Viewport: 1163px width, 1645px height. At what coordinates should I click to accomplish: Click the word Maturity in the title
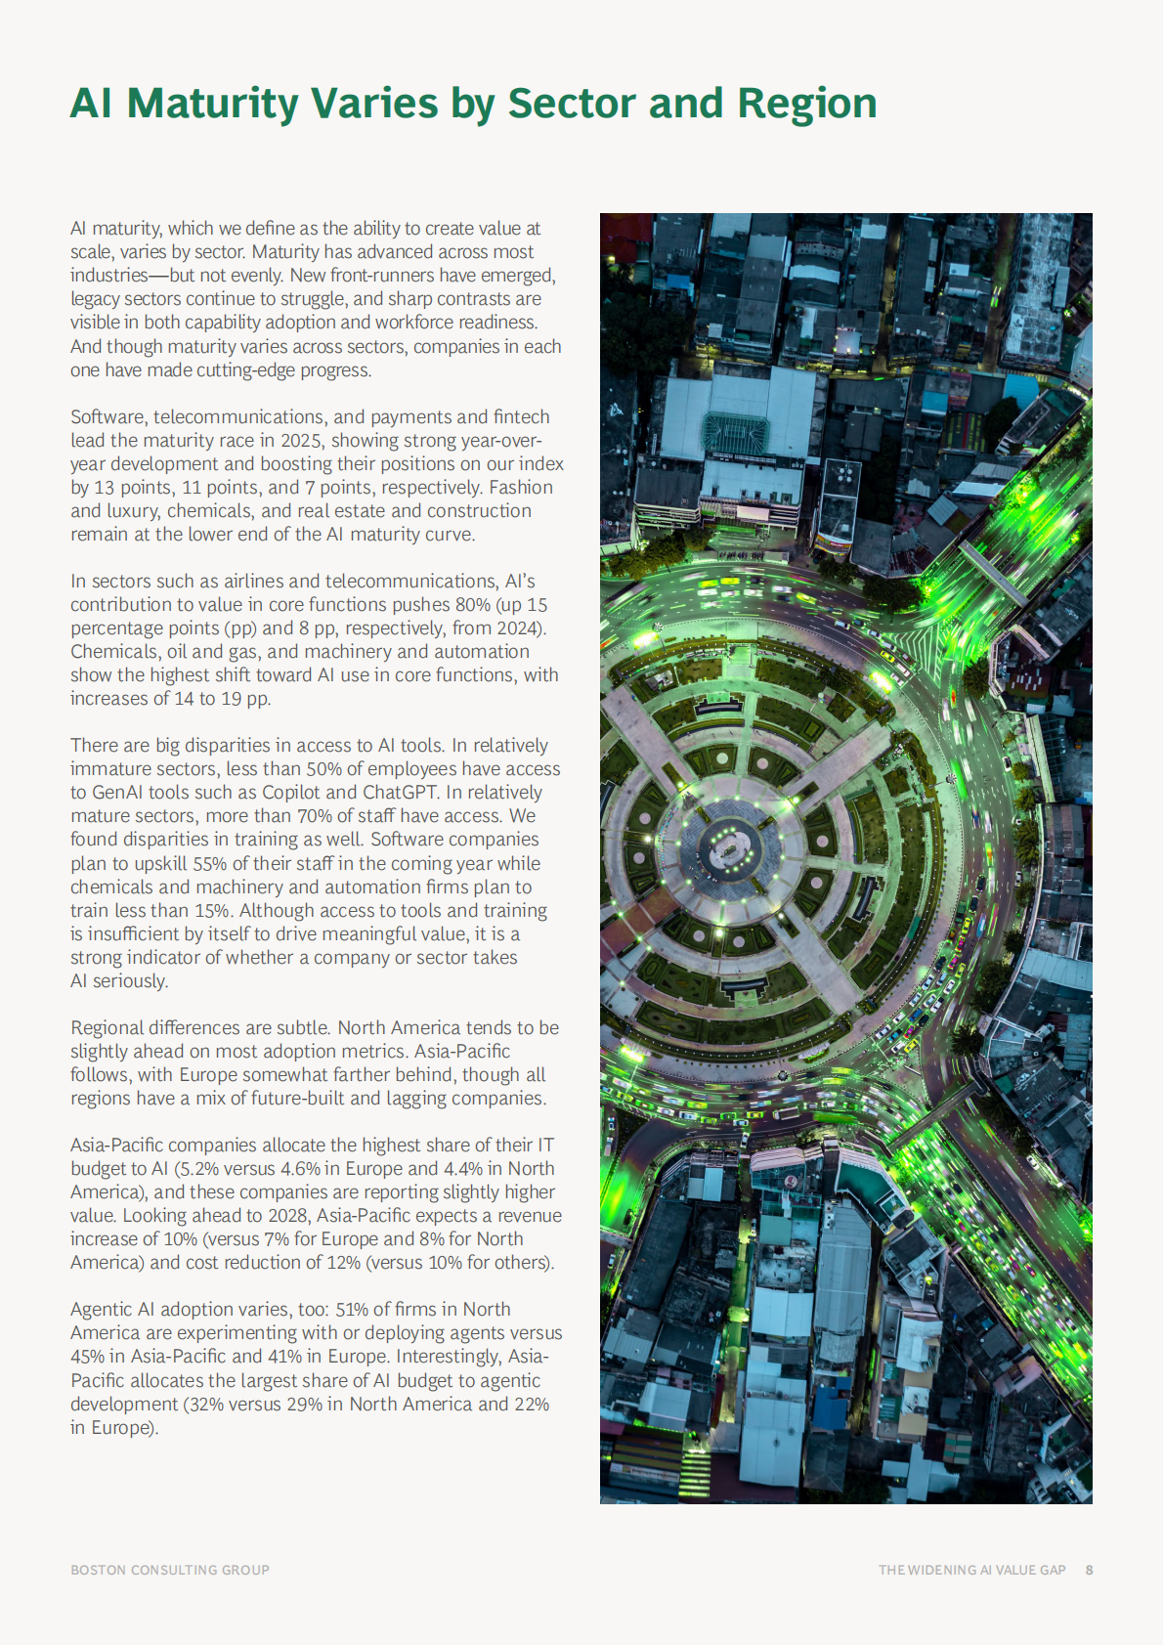212,104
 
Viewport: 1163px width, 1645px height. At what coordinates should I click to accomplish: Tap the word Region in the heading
806,104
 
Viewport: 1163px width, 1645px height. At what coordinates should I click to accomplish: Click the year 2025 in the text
301,440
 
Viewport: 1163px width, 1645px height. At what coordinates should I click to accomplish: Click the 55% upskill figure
209,863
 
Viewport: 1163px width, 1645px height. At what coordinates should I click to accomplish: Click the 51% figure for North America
352,1309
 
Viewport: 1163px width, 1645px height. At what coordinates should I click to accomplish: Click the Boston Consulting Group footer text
170,1570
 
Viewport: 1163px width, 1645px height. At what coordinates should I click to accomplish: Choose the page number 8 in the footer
1089,1570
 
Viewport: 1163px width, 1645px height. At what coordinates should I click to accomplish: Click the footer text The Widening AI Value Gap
971,1570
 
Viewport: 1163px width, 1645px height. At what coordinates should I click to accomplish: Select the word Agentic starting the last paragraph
102,1309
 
